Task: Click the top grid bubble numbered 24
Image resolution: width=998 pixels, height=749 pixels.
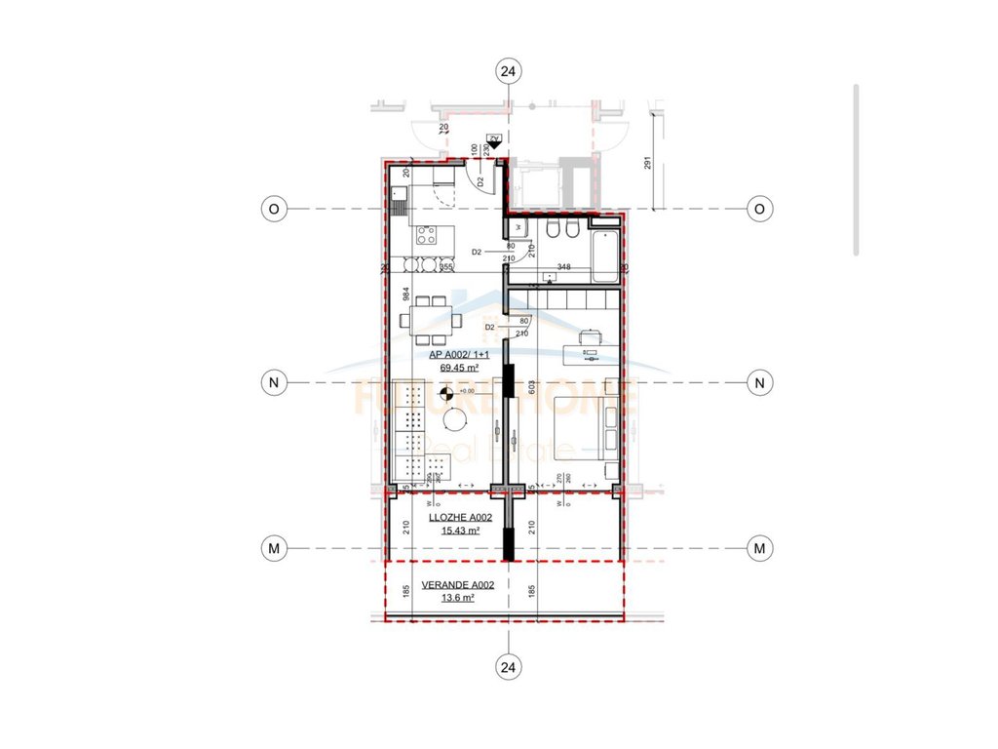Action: click(x=508, y=70)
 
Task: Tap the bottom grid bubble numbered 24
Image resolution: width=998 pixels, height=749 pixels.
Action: click(x=508, y=667)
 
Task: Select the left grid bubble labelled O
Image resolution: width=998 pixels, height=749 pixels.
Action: click(x=274, y=208)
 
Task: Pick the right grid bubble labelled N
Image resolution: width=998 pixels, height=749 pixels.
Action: click(x=758, y=382)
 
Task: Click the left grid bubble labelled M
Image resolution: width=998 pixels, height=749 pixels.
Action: click(x=274, y=549)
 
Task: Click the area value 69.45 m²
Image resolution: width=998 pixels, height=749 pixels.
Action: click(x=457, y=369)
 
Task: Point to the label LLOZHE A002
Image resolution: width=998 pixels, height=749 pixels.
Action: click(x=459, y=518)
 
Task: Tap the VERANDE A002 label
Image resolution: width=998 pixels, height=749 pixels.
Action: click(x=456, y=585)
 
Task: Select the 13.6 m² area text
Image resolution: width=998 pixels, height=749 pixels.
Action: click(x=457, y=599)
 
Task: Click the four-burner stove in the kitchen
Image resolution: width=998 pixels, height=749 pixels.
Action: click(x=426, y=234)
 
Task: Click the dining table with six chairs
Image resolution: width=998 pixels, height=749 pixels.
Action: click(x=430, y=316)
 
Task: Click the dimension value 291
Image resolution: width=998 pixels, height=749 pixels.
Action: click(x=647, y=163)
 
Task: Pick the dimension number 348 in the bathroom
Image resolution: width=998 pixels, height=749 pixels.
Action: click(x=563, y=266)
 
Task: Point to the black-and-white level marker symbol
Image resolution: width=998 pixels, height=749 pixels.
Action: click(x=446, y=394)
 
